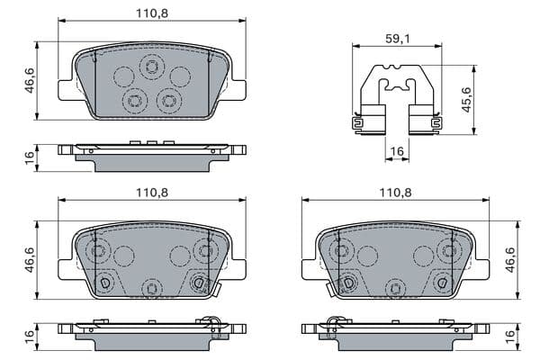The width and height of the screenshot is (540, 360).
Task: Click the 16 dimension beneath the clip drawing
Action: click(398, 154)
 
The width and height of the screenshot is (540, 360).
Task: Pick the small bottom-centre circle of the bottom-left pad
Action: click(150, 288)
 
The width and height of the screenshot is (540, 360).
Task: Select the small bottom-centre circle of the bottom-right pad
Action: click(392, 288)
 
